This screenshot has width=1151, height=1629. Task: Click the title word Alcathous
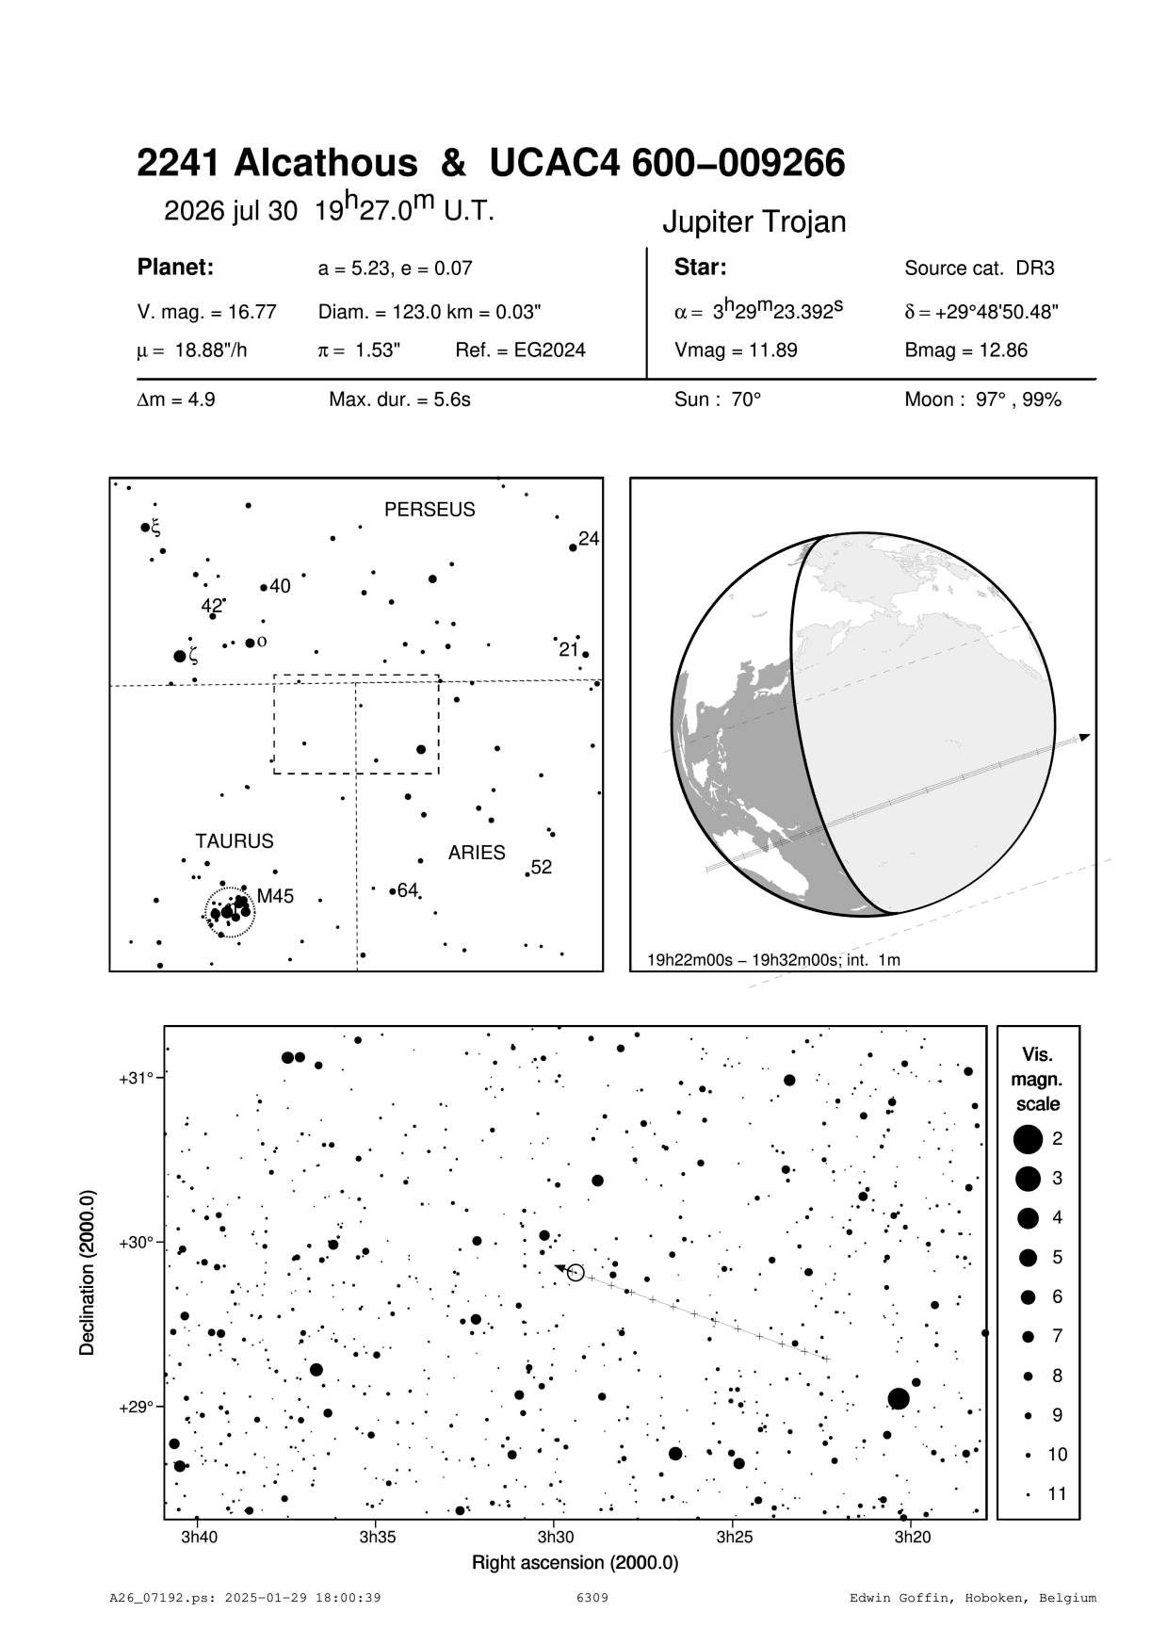(x=325, y=164)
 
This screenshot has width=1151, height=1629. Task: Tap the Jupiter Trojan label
(x=754, y=222)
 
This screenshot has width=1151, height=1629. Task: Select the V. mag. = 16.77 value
(x=207, y=312)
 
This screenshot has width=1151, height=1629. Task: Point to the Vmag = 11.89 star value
(x=736, y=350)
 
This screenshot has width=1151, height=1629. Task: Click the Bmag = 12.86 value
(x=965, y=350)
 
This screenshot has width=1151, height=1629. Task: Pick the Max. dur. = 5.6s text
(x=399, y=399)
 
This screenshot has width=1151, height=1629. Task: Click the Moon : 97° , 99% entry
(x=982, y=399)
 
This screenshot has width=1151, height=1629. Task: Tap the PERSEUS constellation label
(x=430, y=510)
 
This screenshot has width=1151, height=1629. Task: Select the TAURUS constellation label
(x=235, y=841)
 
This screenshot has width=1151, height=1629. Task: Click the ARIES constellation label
(x=477, y=853)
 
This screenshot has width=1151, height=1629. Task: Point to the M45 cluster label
(x=276, y=897)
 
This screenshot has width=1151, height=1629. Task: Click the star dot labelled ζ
(x=180, y=656)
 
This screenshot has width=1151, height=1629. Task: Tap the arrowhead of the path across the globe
(x=1086, y=736)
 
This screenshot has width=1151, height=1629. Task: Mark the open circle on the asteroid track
(x=576, y=1273)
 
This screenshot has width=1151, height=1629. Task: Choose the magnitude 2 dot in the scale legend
(x=1028, y=1139)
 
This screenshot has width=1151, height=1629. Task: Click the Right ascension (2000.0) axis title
(x=575, y=1563)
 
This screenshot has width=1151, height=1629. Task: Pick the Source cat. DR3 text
(x=979, y=269)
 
